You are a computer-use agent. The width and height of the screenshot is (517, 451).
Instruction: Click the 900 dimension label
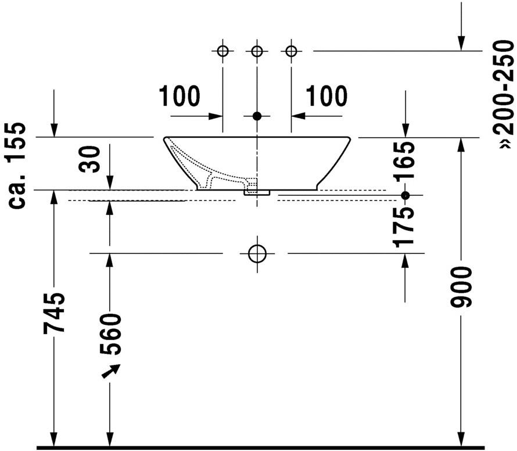(x=461, y=287)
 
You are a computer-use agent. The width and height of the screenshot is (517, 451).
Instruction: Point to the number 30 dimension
(x=89, y=159)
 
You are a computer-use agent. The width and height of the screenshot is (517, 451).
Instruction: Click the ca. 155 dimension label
(x=17, y=165)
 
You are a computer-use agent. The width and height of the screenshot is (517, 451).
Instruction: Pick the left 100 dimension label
(x=179, y=96)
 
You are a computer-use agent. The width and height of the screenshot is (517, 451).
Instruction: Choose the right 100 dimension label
(x=326, y=96)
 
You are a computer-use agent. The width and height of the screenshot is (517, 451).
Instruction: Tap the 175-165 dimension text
(x=403, y=194)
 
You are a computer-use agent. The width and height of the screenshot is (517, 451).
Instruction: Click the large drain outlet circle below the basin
(x=257, y=253)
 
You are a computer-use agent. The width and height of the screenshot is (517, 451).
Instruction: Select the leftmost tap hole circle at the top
(x=223, y=51)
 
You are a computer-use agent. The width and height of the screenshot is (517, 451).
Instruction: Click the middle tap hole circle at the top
(x=257, y=51)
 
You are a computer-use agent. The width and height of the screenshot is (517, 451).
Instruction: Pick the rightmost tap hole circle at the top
(x=291, y=51)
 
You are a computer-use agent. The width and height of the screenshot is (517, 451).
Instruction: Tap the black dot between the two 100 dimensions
(x=257, y=116)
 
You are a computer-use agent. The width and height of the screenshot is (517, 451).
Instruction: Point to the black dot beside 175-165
(x=405, y=195)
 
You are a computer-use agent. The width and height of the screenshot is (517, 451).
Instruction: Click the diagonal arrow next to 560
(x=111, y=371)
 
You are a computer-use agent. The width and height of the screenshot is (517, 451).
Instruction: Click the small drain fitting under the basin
(x=257, y=193)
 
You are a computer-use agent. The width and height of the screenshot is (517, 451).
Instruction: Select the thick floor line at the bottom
(x=260, y=448)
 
